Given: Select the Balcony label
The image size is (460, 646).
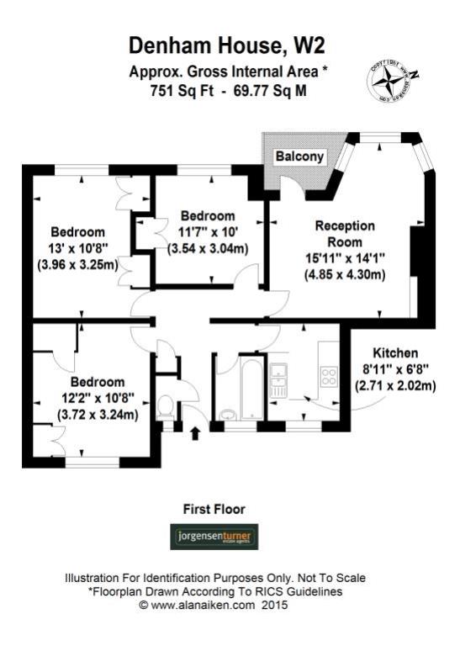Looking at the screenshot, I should (x=299, y=156).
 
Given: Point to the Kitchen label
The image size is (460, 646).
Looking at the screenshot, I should (x=394, y=354).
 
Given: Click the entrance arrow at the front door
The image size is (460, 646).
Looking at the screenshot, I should (x=197, y=434).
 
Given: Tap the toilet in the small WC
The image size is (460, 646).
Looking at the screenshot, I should (x=166, y=407).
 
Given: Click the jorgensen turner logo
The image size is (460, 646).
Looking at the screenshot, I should (x=214, y=537).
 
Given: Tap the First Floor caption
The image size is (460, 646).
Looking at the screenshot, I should (x=214, y=509).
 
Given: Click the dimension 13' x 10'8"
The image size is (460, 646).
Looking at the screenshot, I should (x=77, y=249).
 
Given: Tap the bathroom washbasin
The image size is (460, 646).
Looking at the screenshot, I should (x=229, y=414).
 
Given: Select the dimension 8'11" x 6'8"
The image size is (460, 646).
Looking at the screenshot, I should (x=394, y=370).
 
